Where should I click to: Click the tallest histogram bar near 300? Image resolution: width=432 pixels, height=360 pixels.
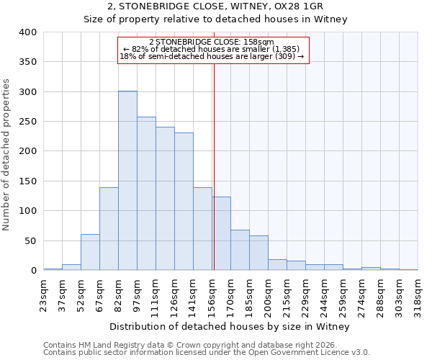pos(127,180)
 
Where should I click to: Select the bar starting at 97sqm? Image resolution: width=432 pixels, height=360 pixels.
pos(146,193)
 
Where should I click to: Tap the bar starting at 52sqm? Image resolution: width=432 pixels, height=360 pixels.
pos(90,252)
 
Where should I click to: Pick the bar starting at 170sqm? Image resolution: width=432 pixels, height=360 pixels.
pos(240,250)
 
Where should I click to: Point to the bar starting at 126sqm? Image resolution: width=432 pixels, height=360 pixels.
pos(184,201)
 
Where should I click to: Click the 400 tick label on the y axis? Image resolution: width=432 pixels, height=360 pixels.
pos(28,32)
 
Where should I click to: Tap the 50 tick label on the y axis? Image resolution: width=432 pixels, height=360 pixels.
pos(30,241)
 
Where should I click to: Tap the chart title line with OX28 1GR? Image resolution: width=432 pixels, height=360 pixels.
pos(215,6)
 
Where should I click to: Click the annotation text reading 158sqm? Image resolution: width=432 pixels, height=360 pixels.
pos(212,42)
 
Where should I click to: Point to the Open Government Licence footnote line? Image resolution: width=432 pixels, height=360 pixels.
pos(206,353)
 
